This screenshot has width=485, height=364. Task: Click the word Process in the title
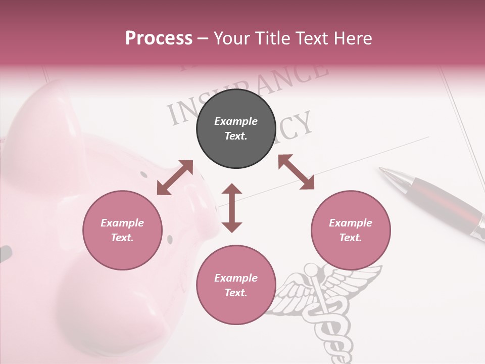point(159,38)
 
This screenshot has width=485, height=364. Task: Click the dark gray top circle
point(235,128)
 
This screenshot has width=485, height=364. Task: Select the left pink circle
point(122,230)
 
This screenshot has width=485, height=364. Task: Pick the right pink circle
point(351,230)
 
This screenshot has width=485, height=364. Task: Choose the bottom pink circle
point(235,285)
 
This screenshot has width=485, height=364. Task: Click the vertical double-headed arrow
point(232,208)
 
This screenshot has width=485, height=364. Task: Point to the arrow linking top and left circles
point(175,177)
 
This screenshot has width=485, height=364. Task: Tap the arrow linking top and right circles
point(296,172)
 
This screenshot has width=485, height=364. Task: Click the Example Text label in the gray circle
point(235,128)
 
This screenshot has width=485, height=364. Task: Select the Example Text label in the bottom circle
point(235,285)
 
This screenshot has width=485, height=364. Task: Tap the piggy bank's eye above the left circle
point(144,174)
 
